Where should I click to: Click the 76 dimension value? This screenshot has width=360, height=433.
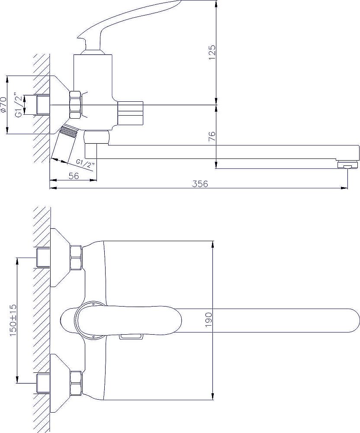point(212,136)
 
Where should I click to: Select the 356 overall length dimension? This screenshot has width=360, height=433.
point(200,184)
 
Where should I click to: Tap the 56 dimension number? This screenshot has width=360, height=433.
point(74,176)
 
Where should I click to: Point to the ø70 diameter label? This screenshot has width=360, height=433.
point(3,105)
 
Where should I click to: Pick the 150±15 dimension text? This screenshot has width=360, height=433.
point(13,320)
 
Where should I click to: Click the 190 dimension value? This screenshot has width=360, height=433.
point(209,320)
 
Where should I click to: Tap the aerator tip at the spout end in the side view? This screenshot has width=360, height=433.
point(347,165)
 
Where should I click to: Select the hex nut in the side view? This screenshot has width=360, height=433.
point(76,105)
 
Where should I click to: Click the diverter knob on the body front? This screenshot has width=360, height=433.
point(131,113)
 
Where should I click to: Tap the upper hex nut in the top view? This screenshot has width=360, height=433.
point(77,258)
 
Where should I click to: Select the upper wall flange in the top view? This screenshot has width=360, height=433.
point(60,258)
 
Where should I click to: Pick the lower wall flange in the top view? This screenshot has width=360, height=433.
point(60,383)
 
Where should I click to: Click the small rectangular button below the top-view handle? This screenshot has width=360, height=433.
point(131,336)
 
